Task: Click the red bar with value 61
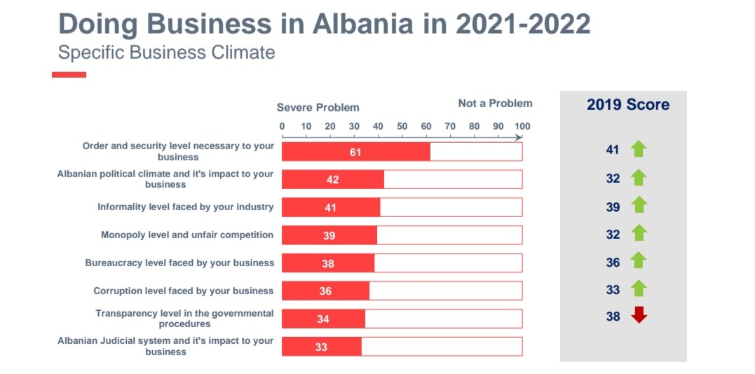[x=355, y=152]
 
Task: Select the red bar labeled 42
[x=332, y=180]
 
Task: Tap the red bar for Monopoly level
[x=329, y=235]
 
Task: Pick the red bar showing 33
[x=321, y=347]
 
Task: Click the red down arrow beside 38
[x=639, y=316]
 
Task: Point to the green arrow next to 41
[x=639, y=148]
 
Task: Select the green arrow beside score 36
[x=639, y=261]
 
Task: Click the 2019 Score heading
[x=627, y=105]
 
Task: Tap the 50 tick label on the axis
[x=402, y=127]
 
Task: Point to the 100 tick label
[x=522, y=127]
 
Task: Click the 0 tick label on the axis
[x=283, y=127]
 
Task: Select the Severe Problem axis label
[x=318, y=108]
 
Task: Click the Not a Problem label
[x=495, y=104]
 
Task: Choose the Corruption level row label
[x=184, y=291]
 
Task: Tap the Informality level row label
[x=185, y=207]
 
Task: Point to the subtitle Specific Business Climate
[x=167, y=53]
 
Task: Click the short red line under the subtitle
[x=69, y=74]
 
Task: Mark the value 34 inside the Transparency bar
[x=322, y=319]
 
